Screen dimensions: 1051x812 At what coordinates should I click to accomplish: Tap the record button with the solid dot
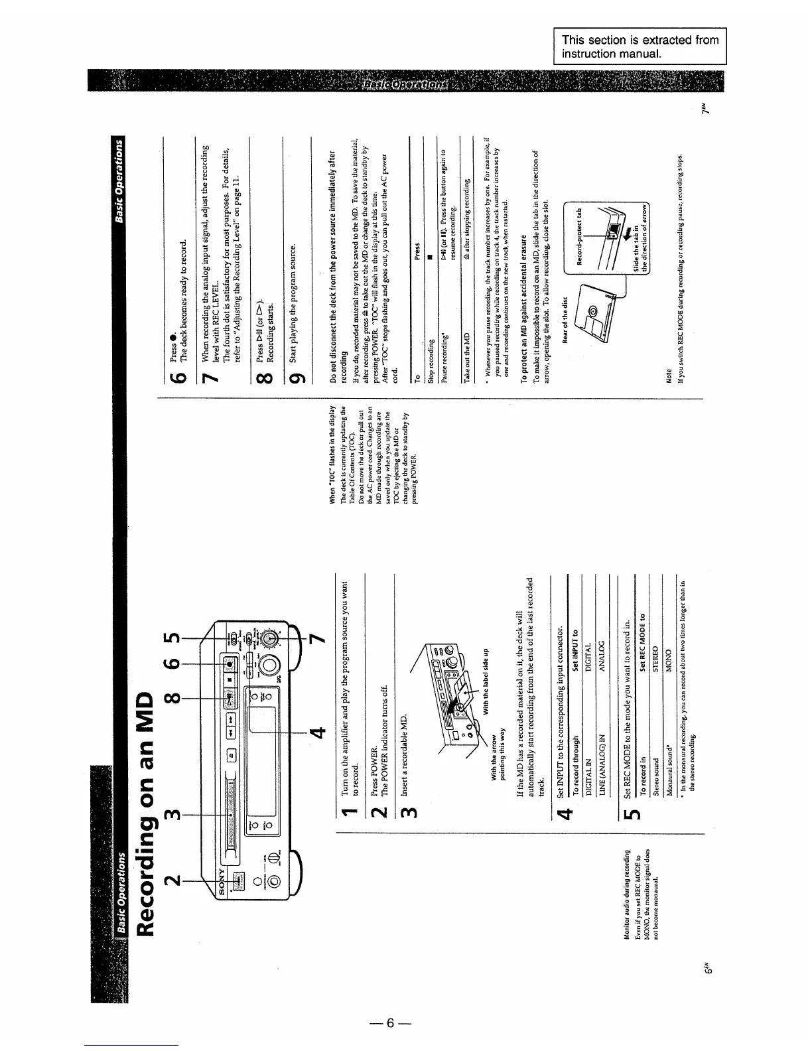[230, 664]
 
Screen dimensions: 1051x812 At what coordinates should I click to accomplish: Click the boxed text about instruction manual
[640, 46]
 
